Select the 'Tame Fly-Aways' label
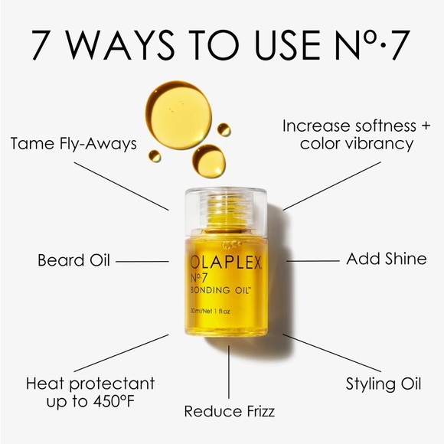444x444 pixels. point(74,143)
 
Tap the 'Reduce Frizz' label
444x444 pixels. point(229,411)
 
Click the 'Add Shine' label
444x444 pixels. point(386,259)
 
